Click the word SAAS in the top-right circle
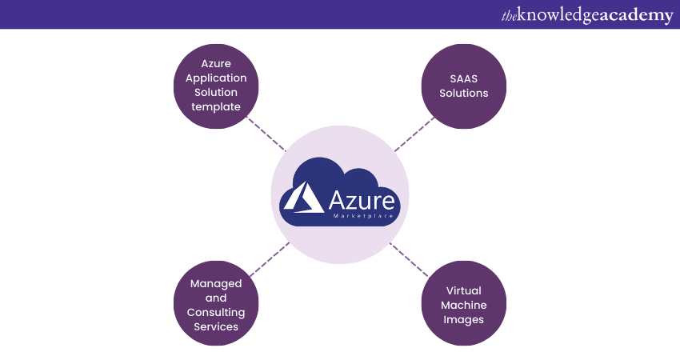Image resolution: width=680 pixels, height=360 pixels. point(455,78)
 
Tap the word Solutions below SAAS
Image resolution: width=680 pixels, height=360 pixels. point(455,94)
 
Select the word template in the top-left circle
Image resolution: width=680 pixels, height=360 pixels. point(216,107)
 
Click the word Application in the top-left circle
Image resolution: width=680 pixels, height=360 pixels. point(216,78)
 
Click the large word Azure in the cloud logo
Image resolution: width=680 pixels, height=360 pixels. point(361,200)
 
